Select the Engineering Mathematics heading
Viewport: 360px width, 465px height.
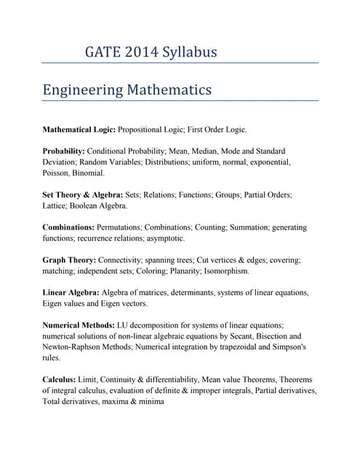[127, 89]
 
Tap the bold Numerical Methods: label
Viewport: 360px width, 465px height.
[79, 325]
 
